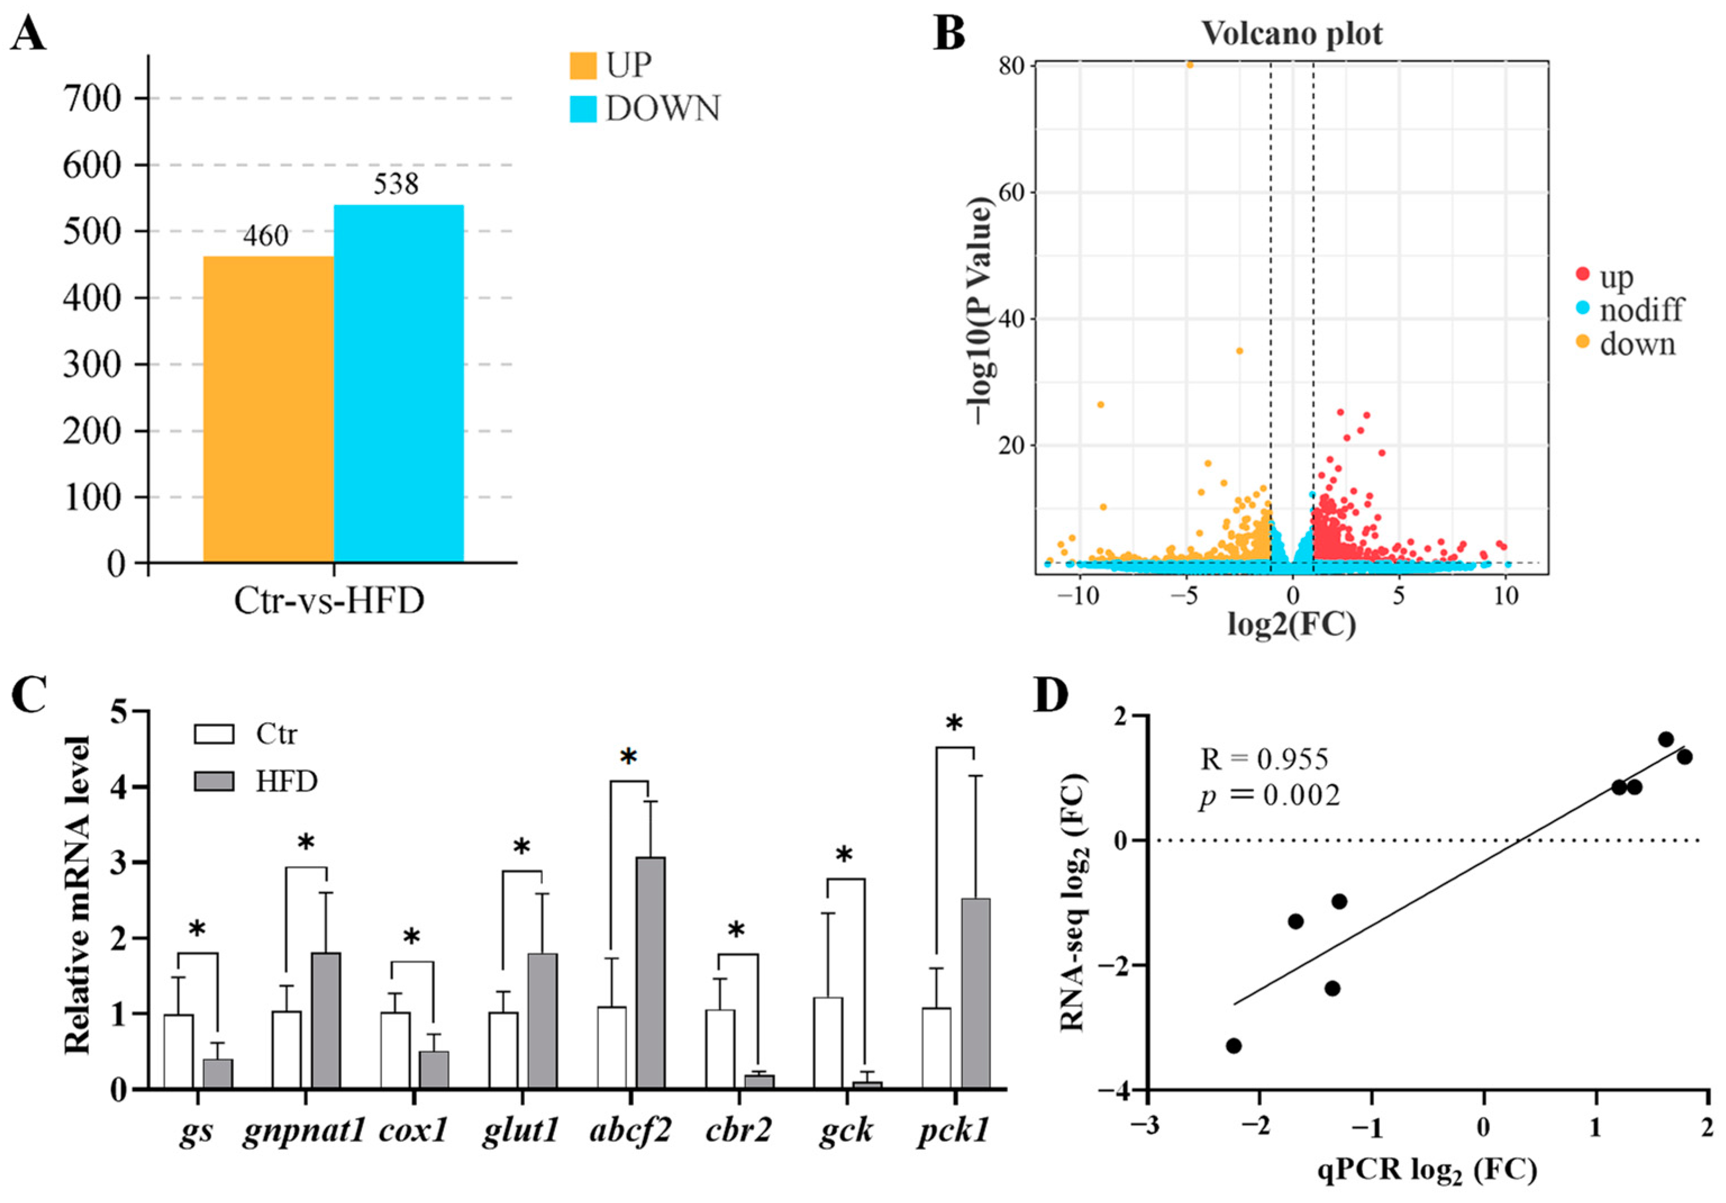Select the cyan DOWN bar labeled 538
[398, 384]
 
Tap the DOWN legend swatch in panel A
[582, 109]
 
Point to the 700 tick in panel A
[92, 98]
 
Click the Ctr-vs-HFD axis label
[329, 601]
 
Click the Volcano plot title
[1291, 34]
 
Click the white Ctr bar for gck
[828, 1043]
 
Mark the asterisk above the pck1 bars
[954, 726]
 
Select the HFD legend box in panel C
[214, 782]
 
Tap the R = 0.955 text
[1264, 759]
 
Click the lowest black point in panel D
[1233, 1046]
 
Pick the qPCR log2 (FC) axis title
[1427, 1172]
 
